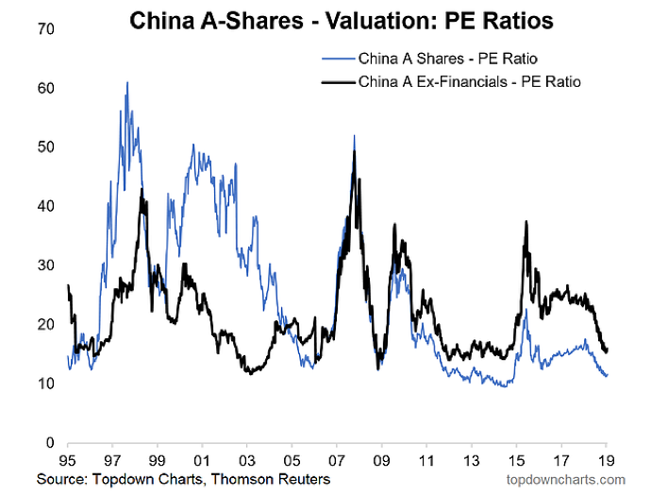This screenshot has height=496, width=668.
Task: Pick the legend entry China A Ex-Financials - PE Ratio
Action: pos(469,81)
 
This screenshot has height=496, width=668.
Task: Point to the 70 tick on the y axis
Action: pos(46,29)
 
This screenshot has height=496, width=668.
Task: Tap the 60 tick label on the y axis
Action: pos(46,88)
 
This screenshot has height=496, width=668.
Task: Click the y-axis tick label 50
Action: pos(46,147)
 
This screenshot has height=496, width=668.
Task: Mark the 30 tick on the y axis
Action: pos(46,265)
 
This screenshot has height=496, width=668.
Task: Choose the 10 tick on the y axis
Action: pos(46,384)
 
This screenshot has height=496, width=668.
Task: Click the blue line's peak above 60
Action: pos(127,83)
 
